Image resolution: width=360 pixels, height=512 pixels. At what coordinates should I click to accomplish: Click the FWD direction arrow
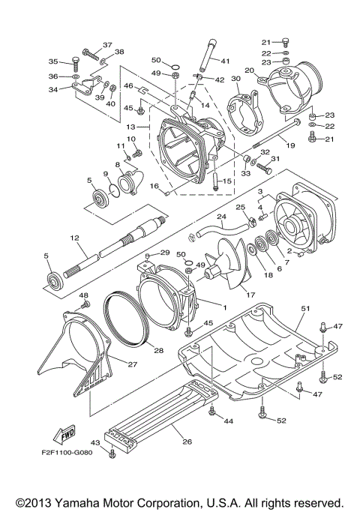coord(64,435)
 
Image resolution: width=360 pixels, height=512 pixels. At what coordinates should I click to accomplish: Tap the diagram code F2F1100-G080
coord(67,452)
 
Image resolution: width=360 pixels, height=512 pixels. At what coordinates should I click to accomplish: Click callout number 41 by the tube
coord(225,61)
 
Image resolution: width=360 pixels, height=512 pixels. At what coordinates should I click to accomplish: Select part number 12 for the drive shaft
coord(74,238)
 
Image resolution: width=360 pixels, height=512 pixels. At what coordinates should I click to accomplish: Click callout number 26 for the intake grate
coord(187,442)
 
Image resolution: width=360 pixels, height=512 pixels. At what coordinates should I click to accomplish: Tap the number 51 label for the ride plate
coord(305,308)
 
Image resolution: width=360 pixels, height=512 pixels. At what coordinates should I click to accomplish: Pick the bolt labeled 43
coord(112,454)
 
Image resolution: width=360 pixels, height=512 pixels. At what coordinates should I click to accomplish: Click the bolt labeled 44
coord(212,410)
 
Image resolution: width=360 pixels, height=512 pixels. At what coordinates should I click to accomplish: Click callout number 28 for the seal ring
coord(159,351)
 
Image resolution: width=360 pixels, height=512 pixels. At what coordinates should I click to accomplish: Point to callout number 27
coord(133,364)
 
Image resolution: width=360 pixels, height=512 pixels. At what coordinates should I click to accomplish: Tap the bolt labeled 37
coord(91,53)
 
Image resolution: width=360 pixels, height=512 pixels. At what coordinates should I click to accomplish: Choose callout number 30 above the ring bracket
coord(235,79)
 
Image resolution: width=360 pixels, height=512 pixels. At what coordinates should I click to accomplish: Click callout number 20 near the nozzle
coord(250,70)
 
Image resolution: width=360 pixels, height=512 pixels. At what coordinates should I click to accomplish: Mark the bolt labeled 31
coord(265,169)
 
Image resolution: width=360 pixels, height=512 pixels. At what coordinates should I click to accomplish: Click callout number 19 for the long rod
coord(290,145)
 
